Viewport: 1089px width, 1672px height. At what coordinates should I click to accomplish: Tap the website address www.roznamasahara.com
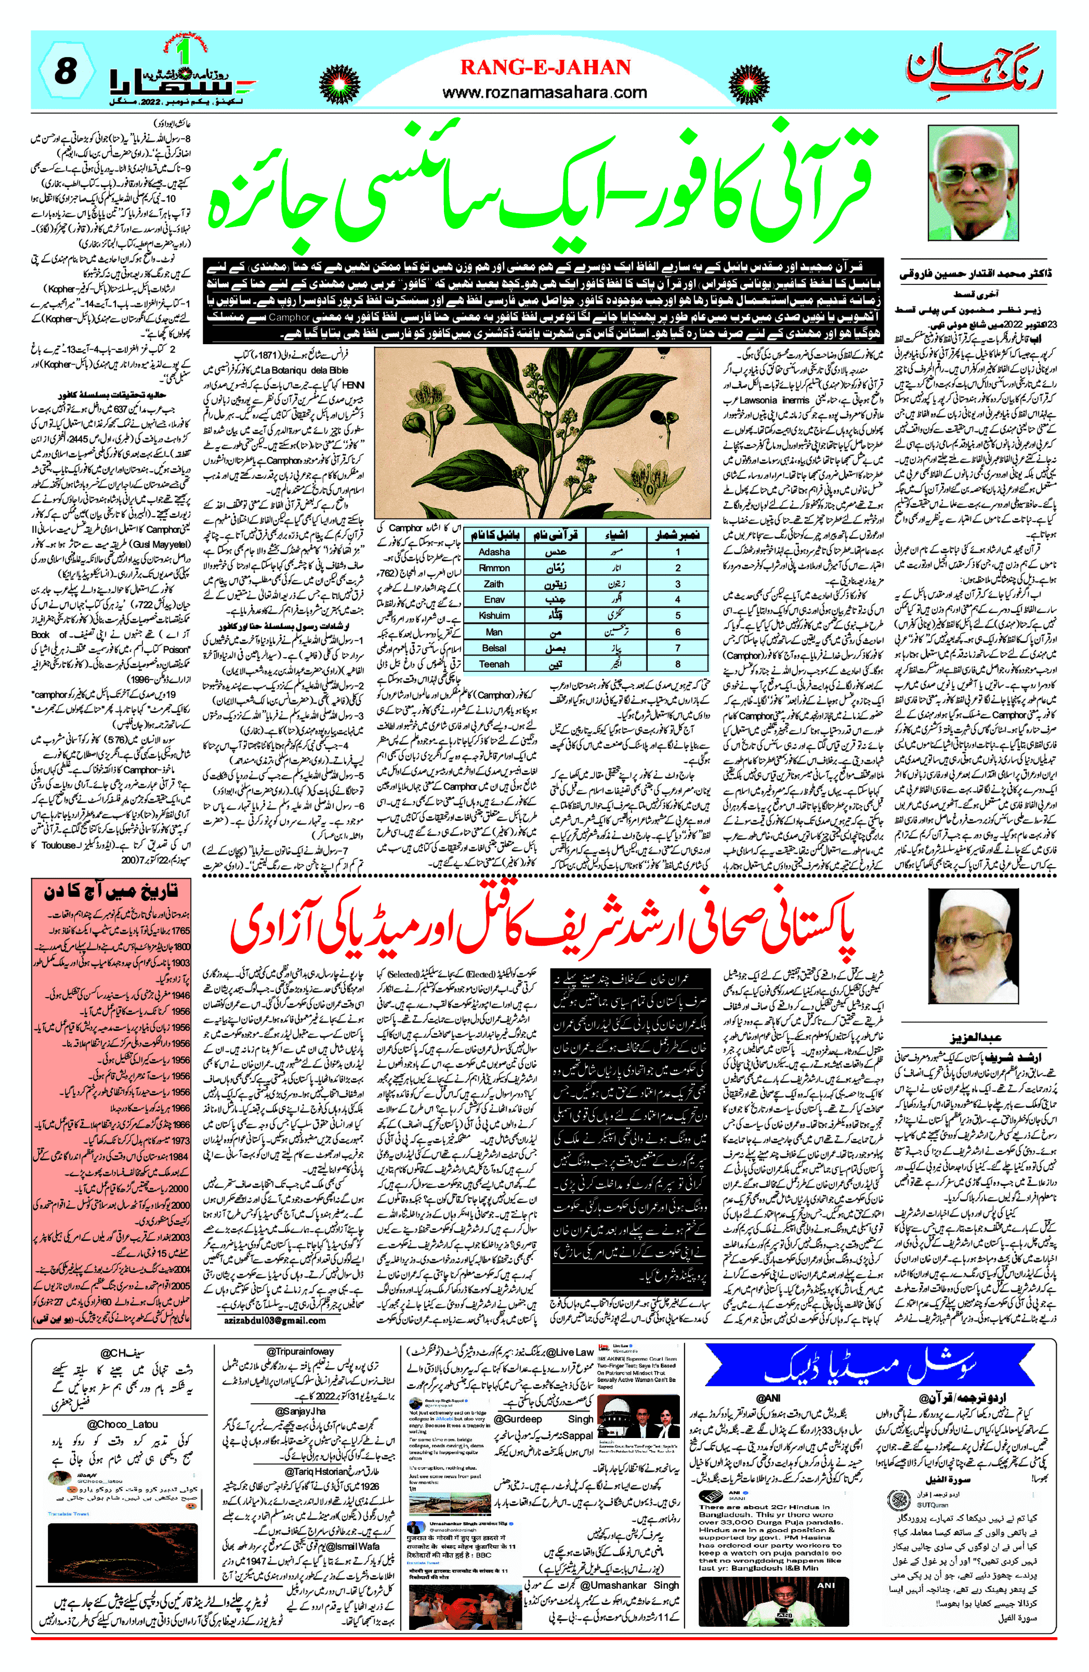(545, 92)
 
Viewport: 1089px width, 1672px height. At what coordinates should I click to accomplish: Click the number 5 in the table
(677, 616)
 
